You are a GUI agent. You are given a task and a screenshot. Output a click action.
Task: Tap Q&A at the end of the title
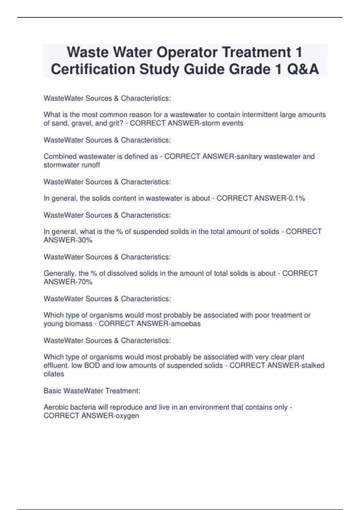tap(303, 69)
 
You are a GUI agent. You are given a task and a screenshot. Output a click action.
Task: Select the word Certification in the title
tap(93, 69)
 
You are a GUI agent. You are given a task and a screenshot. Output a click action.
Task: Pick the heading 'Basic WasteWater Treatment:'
tap(92, 391)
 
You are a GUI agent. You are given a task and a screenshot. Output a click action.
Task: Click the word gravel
tap(81, 123)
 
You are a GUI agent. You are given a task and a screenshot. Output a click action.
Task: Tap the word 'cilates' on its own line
tap(54, 374)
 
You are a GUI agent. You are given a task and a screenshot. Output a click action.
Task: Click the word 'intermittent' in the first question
tap(260, 115)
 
